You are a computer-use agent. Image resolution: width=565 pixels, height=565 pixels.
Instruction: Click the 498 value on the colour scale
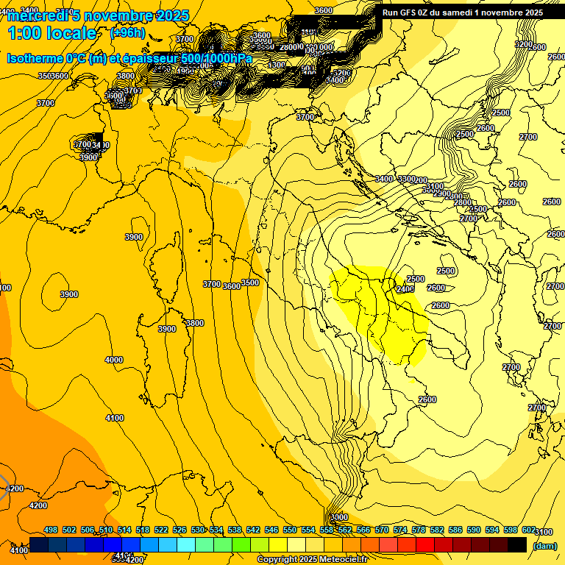point(51,530)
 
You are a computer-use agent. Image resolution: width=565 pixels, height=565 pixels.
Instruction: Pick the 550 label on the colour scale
point(290,530)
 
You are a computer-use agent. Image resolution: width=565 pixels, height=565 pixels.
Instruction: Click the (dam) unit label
point(545,545)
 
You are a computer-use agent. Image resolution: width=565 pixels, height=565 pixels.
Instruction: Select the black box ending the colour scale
point(517,545)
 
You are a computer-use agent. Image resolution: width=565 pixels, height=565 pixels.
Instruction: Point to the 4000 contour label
point(114,360)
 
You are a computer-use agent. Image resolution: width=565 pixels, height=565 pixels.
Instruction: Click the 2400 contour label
point(405,289)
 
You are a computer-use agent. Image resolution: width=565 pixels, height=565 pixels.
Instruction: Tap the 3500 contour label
point(250,282)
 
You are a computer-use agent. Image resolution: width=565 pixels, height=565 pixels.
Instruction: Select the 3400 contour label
point(384,179)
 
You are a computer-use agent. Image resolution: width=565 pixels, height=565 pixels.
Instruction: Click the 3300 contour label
point(405,179)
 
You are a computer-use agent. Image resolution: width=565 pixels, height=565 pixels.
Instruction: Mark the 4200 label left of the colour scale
point(38,505)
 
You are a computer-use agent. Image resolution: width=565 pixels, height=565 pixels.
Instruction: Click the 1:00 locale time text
point(52,33)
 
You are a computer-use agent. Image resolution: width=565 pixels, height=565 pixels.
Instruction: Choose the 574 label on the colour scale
point(400,530)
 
